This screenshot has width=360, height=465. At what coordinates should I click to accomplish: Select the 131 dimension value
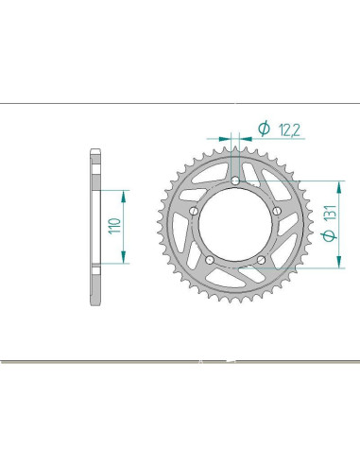tap(331, 214)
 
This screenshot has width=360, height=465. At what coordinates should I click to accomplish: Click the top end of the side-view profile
tap(95, 150)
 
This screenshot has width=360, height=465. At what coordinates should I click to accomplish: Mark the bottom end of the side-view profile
tap(95, 304)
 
